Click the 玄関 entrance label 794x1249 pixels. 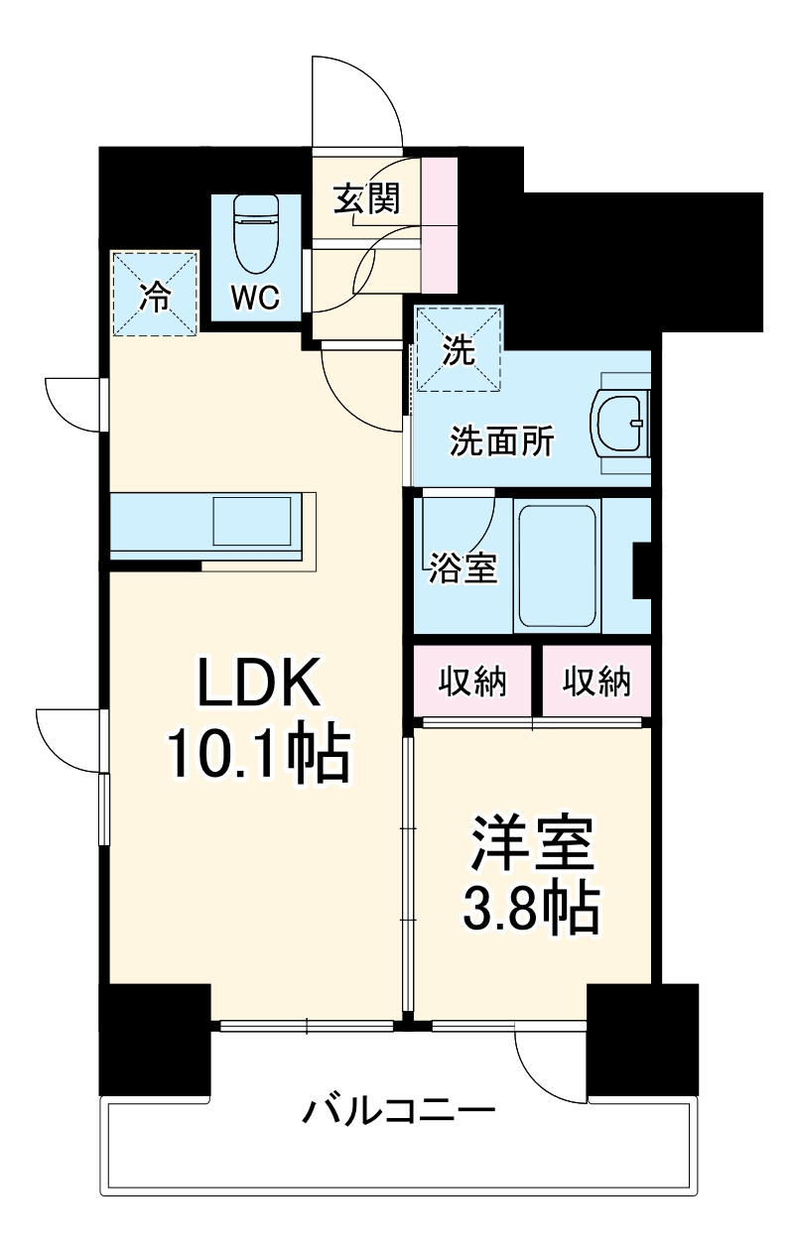tap(365, 198)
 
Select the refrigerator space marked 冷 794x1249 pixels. tap(154, 295)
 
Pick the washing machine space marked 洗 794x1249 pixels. tap(459, 350)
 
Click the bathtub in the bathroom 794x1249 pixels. tap(557, 563)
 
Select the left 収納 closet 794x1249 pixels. tap(473, 682)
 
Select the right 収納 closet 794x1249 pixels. tap(596, 682)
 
